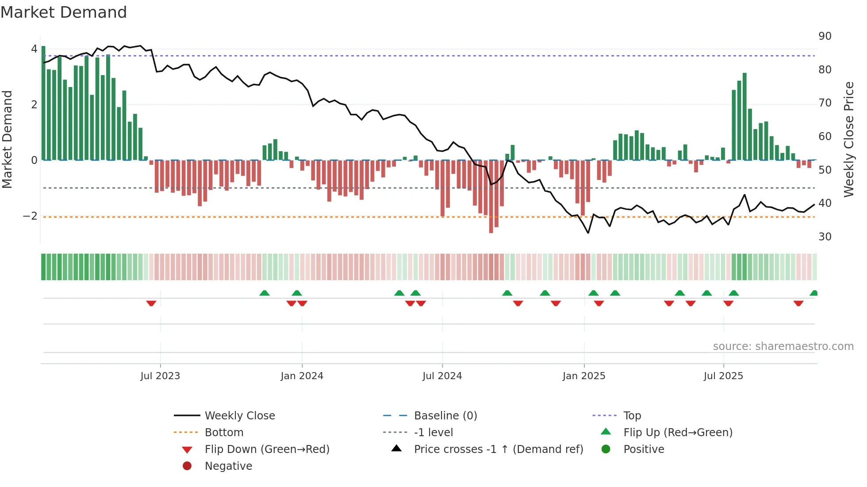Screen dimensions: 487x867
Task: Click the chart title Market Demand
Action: click(64, 12)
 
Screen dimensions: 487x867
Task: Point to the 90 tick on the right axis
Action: click(825, 36)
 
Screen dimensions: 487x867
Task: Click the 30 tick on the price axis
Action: click(825, 237)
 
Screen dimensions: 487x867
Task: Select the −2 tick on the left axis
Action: click(30, 216)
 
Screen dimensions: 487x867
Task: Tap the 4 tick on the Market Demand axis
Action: click(34, 49)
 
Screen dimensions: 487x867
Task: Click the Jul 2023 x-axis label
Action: click(160, 376)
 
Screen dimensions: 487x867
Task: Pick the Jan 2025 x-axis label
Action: click(584, 376)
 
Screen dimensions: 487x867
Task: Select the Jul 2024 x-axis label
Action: click(442, 376)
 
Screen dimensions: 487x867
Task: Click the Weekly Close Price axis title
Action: click(848, 139)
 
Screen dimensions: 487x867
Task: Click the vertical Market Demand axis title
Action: click(7, 139)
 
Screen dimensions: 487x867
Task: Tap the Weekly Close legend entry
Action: click(239, 416)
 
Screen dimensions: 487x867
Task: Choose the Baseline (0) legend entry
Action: click(445, 416)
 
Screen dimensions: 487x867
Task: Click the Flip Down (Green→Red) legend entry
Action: click(267, 449)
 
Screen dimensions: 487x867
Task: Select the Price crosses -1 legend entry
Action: click(498, 449)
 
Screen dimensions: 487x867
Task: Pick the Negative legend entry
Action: click(228, 466)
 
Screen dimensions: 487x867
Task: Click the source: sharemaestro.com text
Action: click(783, 346)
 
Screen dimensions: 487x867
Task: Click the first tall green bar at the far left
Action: click(43, 103)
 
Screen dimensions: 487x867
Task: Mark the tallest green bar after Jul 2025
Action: click(744, 117)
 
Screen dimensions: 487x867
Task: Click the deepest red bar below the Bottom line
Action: click(491, 197)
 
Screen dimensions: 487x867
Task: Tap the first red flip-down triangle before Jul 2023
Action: click(151, 303)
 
